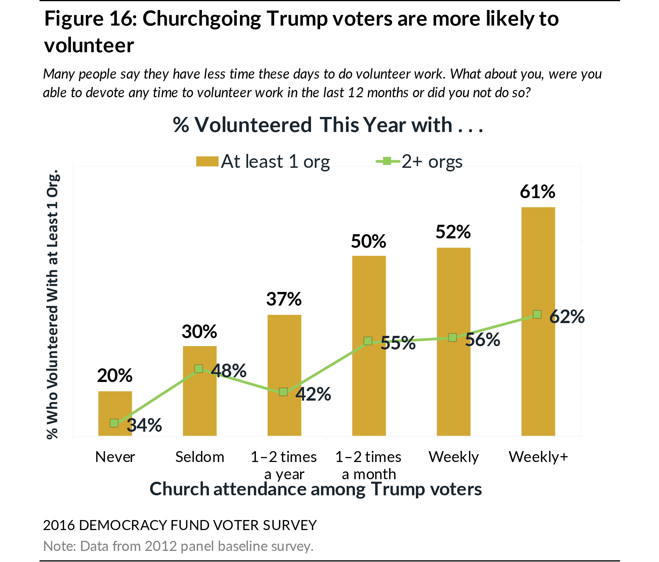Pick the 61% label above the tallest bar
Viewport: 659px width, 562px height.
pos(537,192)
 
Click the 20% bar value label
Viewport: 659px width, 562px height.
pos(115,376)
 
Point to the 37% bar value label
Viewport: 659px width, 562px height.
pos(284,299)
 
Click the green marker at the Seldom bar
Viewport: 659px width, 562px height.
pos(199,369)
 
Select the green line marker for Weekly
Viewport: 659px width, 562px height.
pos(452,337)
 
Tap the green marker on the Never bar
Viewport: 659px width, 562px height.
pos(114,423)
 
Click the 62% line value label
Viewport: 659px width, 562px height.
pos(567,317)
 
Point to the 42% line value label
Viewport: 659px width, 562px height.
pos(313,394)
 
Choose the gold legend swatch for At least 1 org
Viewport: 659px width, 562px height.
pos(207,161)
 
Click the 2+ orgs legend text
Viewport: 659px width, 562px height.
pos(432,161)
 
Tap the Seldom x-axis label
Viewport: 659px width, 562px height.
pos(200,457)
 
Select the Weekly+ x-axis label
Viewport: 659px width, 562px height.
pos(538,457)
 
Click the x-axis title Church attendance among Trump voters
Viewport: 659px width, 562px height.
pos(315,489)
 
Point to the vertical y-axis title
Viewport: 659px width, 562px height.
pos(53,304)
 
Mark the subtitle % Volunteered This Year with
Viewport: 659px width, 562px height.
pos(328,125)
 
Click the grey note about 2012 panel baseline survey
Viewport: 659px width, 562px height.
pos(178,546)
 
